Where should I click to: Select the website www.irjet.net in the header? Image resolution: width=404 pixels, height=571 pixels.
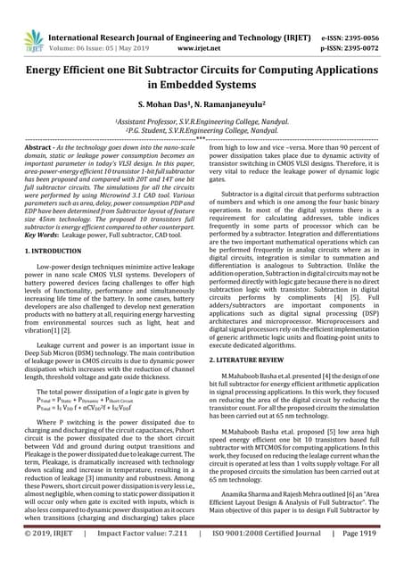tap(201, 27)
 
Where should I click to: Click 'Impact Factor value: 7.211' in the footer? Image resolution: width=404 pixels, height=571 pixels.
tap(152, 557)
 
